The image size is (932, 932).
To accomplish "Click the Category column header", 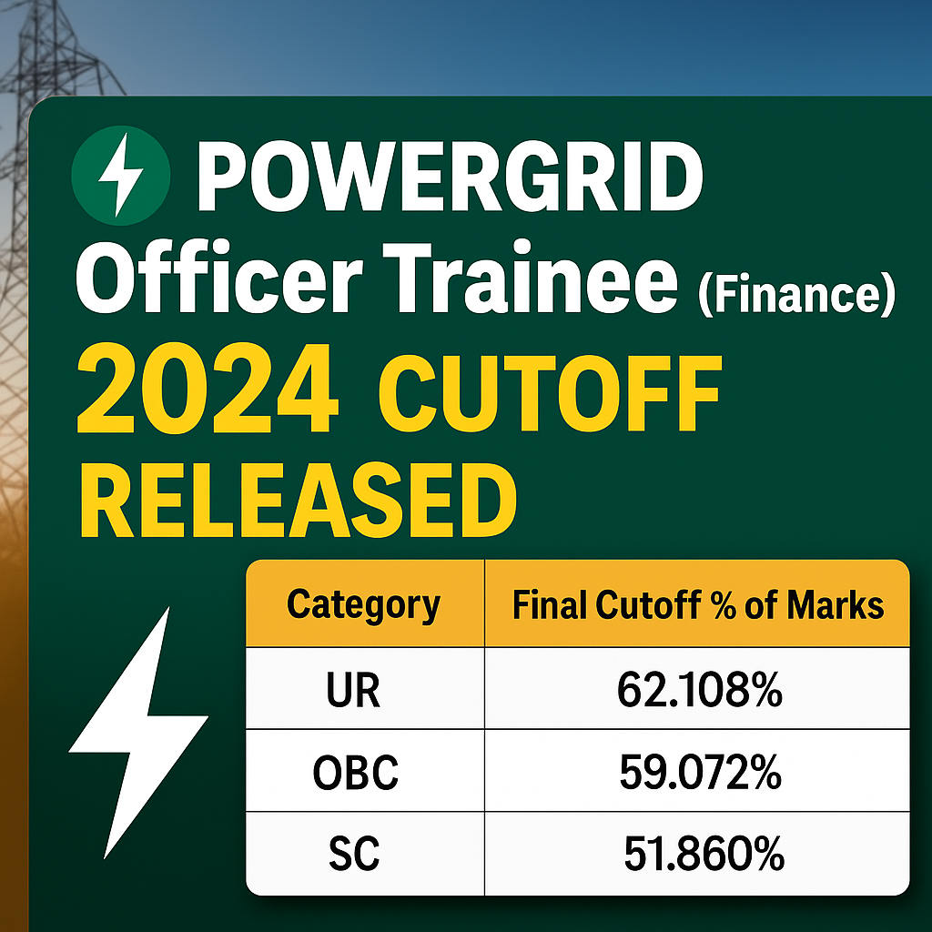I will tap(364, 605).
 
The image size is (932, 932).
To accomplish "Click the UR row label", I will tap(352, 693).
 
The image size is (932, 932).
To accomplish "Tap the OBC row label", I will tap(356, 775).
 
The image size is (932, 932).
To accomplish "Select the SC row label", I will tap(353, 855).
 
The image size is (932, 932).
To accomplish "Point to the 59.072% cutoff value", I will tap(699, 775).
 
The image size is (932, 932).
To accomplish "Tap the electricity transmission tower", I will tap(46, 109).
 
